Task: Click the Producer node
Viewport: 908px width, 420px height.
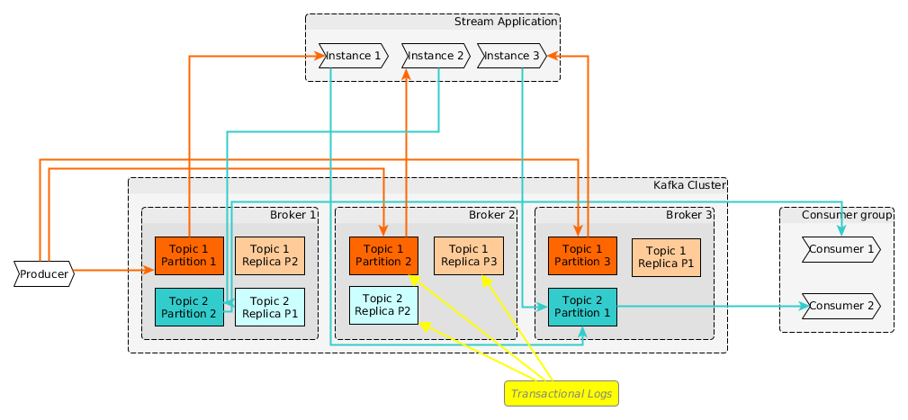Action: [x=43, y=274]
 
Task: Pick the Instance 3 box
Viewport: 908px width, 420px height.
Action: [x=511, y=56]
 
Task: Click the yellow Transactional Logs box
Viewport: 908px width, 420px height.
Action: [x=562, y=394]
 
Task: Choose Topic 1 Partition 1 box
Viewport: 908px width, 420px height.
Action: [x=189, y=255]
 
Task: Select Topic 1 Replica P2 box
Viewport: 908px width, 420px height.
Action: [x=269, y=255]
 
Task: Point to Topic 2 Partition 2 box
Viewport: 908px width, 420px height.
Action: [x=189, y=307]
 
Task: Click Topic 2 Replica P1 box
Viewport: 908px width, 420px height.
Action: [x=269, y=307]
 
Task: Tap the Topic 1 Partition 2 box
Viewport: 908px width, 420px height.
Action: [x=383, y=255]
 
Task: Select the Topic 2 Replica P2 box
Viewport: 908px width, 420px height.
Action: [x=383, y=305]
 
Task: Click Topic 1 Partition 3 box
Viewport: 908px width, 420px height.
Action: [x=582, y=255]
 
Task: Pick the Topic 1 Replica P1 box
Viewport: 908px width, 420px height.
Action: [x=666, y=255]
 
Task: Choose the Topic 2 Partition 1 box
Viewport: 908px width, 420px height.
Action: [x=582, y=307]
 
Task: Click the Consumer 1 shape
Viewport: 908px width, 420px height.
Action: [x=841, y=250]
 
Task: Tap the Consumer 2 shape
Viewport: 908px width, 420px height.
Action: [x=841, y=306]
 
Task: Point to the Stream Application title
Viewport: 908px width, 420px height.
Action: [x=506, y=22]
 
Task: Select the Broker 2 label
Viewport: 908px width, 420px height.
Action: [x=491, y=214]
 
